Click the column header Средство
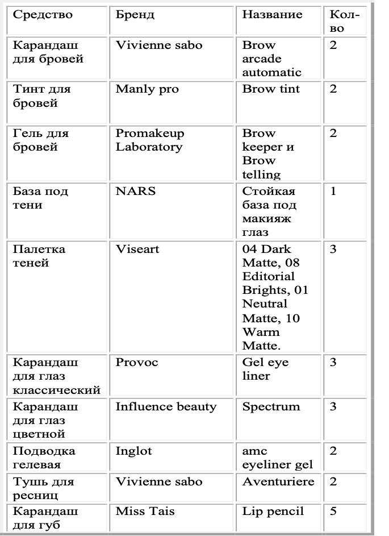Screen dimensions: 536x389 tap(43, 15)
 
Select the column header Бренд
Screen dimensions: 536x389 tap(135, 15)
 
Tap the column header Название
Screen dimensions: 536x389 tap(272, 15)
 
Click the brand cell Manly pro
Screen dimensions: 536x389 tap(147, 89)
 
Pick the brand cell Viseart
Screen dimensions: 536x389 tap(137, 249)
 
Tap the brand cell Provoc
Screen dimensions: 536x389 tap(137, 362)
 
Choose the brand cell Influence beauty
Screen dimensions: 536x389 tap(166, 406)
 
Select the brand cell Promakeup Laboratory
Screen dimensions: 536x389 tap(150, 140)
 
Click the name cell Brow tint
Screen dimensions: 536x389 tap(271, 89)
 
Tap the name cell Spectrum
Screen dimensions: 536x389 tap(271, 406)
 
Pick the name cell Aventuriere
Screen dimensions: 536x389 tap(278, 481)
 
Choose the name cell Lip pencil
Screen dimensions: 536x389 tap(273, 511)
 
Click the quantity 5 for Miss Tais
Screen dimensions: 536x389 tap(333, 511)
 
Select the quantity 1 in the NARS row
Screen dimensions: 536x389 tap(333, 191)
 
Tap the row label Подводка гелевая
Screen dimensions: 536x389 tap(44, 458)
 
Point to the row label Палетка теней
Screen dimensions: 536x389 tap(39, 256)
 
